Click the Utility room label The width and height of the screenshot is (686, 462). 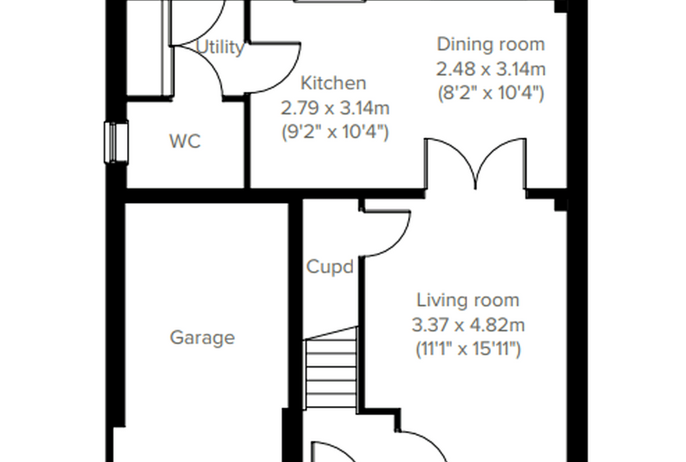tap(219, 47)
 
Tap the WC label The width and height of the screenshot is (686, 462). tap(185, 142)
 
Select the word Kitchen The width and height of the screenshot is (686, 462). tap(333, 83)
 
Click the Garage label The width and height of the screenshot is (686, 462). tap(202, 337)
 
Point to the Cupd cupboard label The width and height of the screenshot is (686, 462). tap(329, 266)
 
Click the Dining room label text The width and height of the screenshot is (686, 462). tap(491, 44)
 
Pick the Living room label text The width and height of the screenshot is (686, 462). tap(468, 300)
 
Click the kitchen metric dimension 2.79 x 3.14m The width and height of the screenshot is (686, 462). tap(335, 108)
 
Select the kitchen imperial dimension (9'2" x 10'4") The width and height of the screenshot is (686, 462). tap(335, 132)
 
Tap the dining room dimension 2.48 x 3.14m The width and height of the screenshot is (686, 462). tap(491, 69)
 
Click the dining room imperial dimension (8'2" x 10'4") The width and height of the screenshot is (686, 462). tap(491, 93)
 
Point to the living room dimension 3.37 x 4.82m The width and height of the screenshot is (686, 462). tap(468, 325)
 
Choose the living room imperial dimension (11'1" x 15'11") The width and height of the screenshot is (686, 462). tap(468, 349)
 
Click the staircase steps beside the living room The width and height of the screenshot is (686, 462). tap(331, 368)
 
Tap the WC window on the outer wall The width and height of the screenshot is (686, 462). tap(116, 143)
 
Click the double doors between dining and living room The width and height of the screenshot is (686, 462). tap(476, 164)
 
